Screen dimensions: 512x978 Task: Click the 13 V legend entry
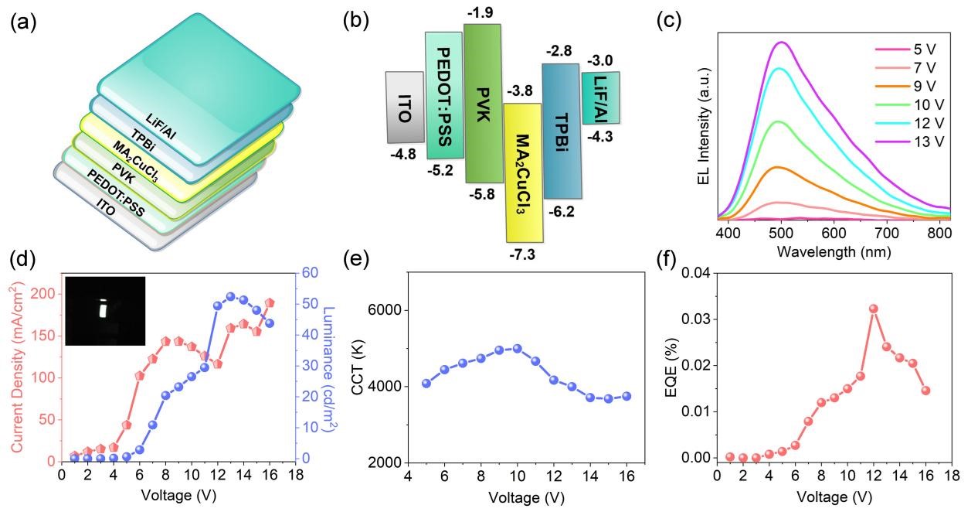click(912, 142)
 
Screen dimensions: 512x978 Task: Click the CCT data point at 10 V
click(517, 349)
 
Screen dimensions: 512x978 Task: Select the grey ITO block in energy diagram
click(404, 108)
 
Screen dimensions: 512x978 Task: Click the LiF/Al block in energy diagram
click(600, 97)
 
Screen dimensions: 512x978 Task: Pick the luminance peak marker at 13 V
click(230, 297)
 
